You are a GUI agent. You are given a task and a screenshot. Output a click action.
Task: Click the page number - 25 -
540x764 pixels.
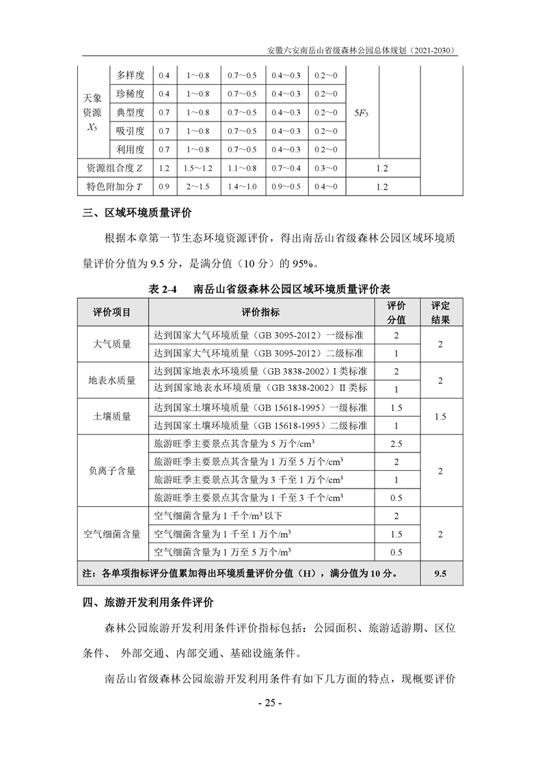(x=269, y=704)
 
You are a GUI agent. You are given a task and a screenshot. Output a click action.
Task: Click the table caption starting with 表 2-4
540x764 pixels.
(x=269, y=289)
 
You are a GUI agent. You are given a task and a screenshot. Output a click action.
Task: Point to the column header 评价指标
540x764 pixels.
(x=260, y=312)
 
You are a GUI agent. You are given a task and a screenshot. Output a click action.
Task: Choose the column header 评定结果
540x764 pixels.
(x=440, y=312)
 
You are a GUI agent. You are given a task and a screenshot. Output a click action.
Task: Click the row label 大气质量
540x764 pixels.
(x=112, y=344)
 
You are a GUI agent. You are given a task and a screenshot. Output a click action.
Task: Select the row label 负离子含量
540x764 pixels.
(x=112, y=471)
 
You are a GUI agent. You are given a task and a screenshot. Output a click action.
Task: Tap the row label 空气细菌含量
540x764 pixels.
(x=112, y=534)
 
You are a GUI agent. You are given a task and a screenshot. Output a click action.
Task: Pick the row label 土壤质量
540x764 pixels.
(x=112, y=415)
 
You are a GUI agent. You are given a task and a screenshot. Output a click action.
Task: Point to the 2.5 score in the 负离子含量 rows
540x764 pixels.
(x=396, y=444)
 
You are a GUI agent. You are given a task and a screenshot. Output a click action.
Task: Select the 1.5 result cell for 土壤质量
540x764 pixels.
(x=440, y=415)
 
